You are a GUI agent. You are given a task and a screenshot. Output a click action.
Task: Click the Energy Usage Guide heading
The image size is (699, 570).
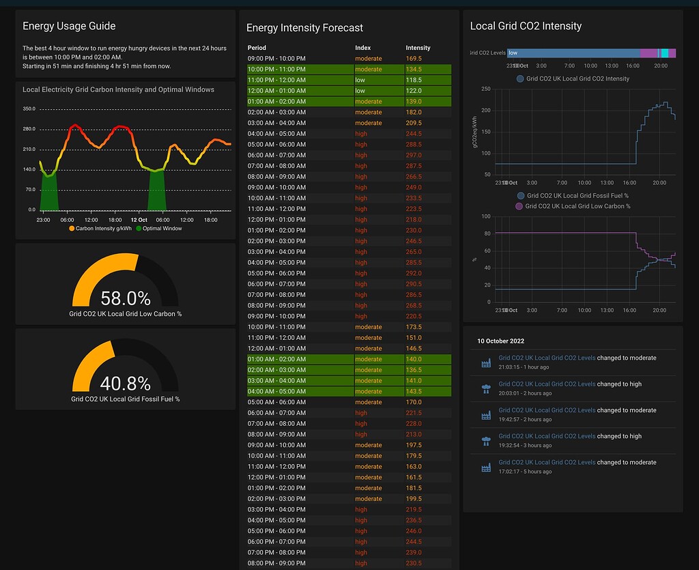[x=69, y=26]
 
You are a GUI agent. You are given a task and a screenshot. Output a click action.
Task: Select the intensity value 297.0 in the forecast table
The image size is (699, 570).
[x=414, y=155]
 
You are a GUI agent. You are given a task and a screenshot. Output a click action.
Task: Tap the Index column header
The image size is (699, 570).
[x=363, y=48]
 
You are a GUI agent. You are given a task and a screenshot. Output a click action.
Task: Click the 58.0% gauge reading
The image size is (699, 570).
[x=125, y=298]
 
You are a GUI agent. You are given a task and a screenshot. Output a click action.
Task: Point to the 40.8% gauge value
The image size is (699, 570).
[x=125, y=384]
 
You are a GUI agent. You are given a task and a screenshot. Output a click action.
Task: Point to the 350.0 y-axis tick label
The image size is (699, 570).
[x=29, y=109]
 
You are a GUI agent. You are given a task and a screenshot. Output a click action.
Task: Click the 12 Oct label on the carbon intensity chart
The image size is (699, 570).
[x=139, y=220]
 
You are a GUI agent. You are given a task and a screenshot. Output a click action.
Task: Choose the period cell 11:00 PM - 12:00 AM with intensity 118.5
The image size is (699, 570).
[x=276, y=80]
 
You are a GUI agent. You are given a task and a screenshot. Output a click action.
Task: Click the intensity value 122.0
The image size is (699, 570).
[x=414, y=91]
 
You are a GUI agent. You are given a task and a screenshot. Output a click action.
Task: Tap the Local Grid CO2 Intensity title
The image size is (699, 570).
[x=526, y=26]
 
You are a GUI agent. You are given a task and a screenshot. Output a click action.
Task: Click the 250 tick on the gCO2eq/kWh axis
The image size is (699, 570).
[x=485, y=89]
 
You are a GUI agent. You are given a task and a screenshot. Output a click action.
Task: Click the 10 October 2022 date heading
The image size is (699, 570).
[x=500, y=341]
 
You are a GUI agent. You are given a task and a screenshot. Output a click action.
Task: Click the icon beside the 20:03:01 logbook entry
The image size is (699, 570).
[x=486, y=388]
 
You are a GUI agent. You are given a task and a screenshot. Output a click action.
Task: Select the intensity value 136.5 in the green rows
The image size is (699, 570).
[x=414, y=370]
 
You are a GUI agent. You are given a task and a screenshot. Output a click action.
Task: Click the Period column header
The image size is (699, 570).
[x=257, y=48]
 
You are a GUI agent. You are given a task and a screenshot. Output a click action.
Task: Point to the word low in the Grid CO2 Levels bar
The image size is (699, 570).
[x=513, y=53]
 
